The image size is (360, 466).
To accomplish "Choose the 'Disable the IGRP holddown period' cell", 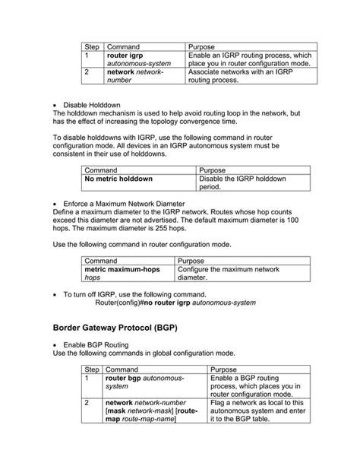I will (242, 182).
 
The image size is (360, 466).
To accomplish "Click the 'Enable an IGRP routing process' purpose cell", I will (249, 60).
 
